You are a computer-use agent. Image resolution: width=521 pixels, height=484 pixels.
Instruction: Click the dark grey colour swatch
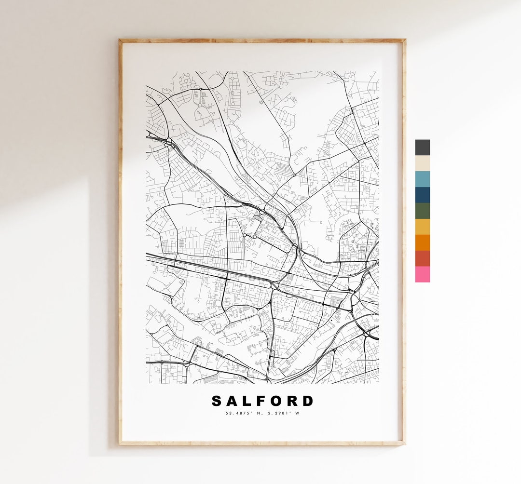pyautogui.click(x=422, y=148)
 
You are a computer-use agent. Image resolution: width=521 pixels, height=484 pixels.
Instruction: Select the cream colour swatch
pyautogui.click(x=422, y=163)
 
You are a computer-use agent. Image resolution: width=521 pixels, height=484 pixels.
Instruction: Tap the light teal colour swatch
pyautogui.click(x=422, y=179)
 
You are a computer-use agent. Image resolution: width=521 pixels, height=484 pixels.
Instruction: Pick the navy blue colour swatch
pyautogui.click(x=422, y=195)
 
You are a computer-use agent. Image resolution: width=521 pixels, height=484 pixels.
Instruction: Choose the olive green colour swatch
pyautogui.click(x=422, y=211)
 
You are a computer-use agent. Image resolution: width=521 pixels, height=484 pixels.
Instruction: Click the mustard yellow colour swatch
pyautogui.click(x=422, y=227)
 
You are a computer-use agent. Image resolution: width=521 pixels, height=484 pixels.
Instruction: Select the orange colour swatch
pyautogui.click(x=422, y=242)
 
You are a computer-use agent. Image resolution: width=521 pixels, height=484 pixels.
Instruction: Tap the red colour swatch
pyautogui.click(x=422, y=258)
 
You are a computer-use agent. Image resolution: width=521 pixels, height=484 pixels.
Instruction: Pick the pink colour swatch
pyautogui.click(x=422, y=274)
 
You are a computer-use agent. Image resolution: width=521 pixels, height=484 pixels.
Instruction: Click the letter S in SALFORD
pyautogui.click(x=217, y=401)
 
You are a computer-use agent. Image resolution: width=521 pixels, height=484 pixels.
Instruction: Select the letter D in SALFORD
pyautogui.click(x=307, y=401)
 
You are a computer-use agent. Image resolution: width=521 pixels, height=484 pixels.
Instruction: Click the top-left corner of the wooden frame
pyautogui.click(x=120, y=40)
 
